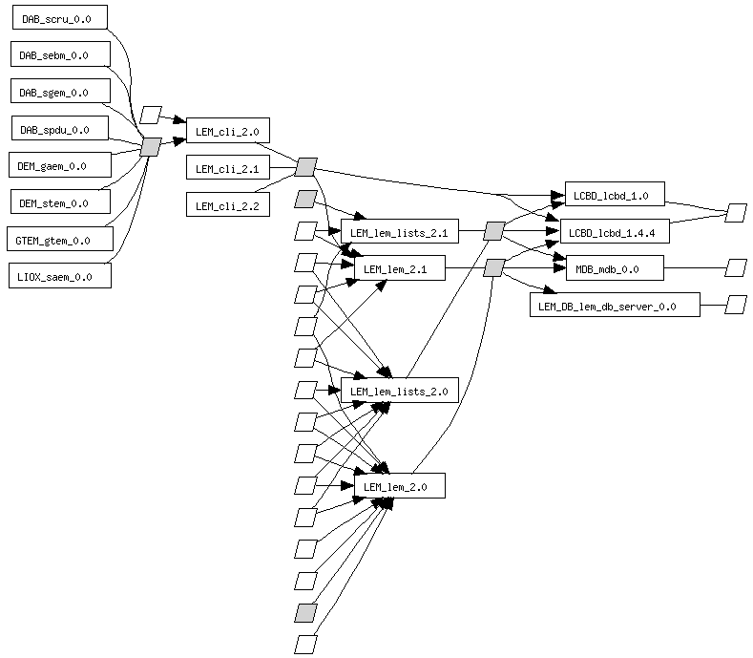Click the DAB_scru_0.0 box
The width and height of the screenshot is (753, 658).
[x=58, y=18]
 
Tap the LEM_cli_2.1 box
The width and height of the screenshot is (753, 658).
[x=227, y=169]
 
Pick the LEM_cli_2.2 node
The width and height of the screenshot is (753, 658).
[x=227, y=205]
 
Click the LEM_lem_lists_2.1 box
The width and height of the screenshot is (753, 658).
[x=400, y=232]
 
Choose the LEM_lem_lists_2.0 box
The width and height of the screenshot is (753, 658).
[x=400, y=391]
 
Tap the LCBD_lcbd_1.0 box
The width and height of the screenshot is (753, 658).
[x=614, y=196]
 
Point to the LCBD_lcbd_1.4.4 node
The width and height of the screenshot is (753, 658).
[x=614, y=232]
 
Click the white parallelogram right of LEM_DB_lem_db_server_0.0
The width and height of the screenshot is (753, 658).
[x=735, y=306]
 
